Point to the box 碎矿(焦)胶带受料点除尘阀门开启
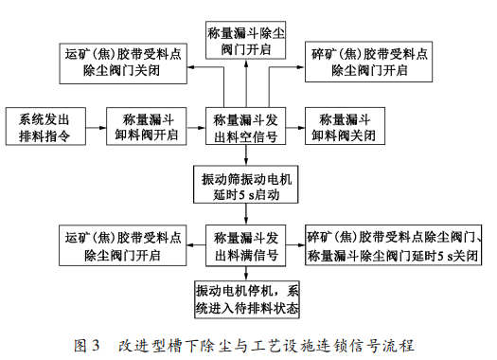[x=366, y=61]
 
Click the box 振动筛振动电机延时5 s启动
[x=246, y=186]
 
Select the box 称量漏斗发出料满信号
[x=246, y=244]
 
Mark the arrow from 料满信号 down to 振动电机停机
[x=246, y=272]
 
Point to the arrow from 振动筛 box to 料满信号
[x=246, y=214]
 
